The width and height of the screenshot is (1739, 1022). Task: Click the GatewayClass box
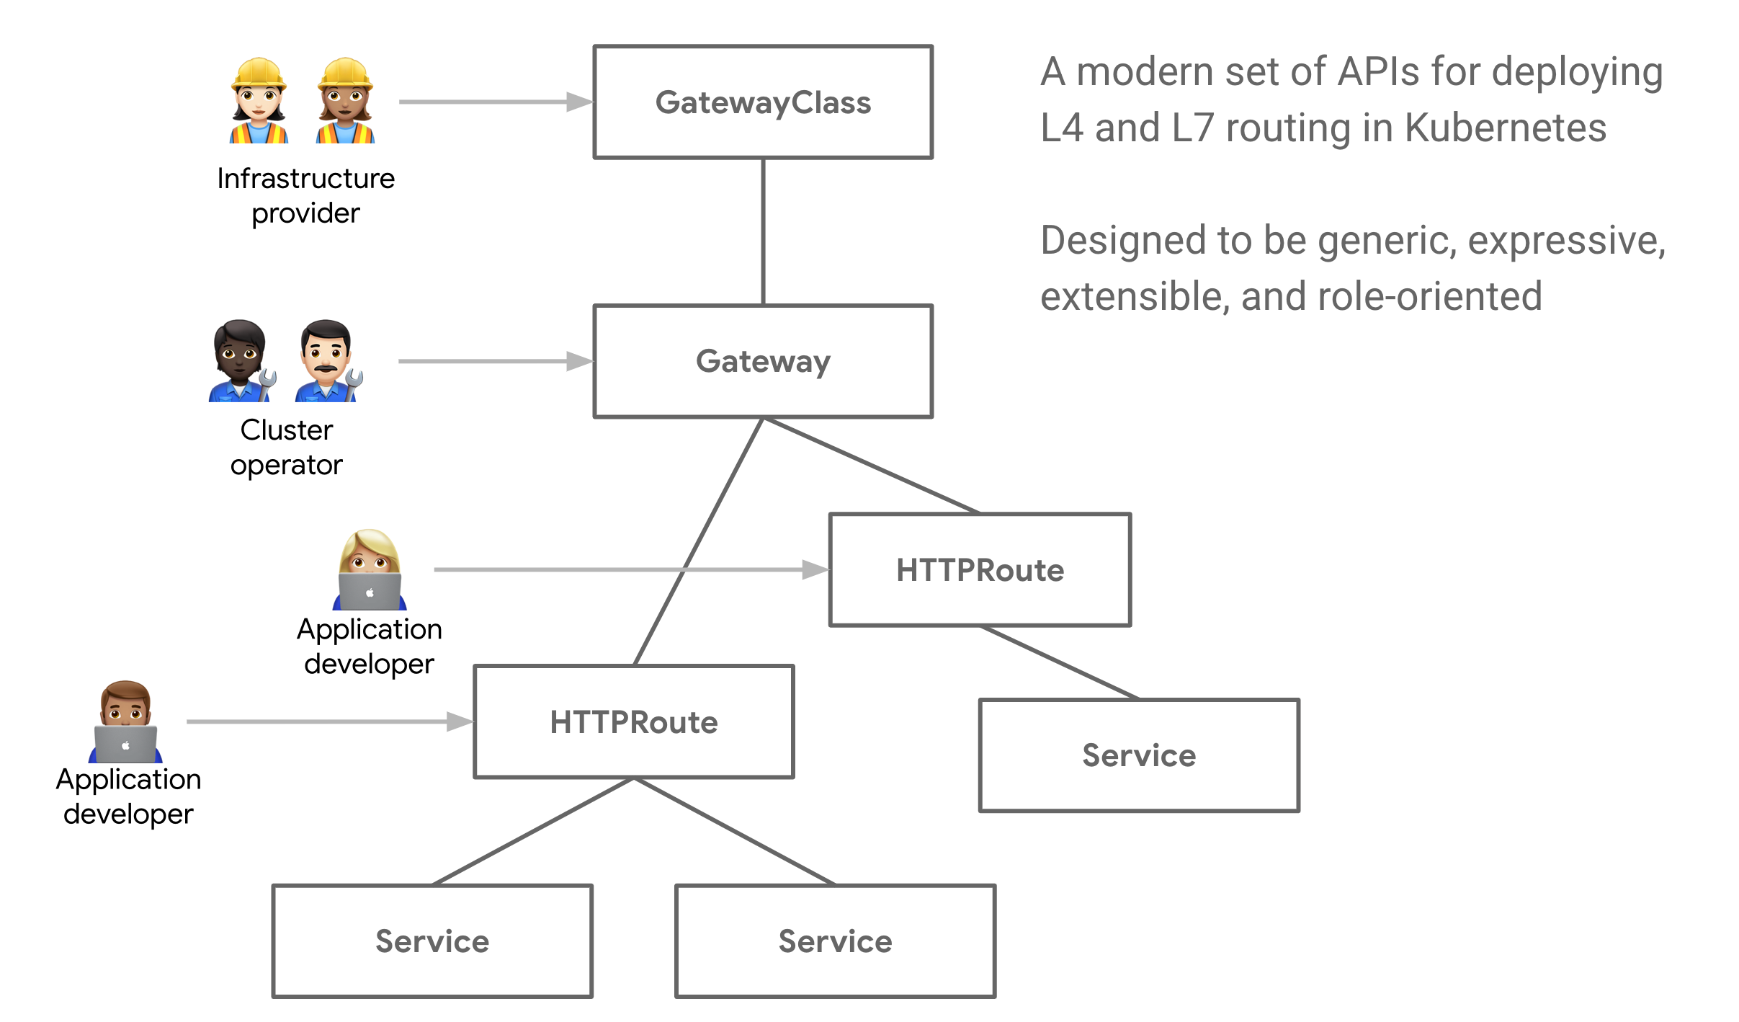762,102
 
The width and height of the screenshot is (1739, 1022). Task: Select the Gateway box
762,361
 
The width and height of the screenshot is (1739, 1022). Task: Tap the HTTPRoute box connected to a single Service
980,569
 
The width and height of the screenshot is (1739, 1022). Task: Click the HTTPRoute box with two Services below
633,721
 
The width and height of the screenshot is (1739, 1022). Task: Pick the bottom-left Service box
432,941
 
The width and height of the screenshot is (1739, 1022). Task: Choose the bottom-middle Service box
835,941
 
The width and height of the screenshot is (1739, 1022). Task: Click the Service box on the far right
1138,755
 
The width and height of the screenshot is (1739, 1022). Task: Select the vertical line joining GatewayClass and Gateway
763,231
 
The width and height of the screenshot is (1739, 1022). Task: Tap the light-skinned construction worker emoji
259,101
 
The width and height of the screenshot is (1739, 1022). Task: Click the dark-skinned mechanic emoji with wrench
241,361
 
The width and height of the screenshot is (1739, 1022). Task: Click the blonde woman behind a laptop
370,569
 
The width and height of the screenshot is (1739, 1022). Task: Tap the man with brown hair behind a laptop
125,721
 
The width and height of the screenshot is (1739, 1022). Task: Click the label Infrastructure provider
305,195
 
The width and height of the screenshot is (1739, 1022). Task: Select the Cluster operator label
286,447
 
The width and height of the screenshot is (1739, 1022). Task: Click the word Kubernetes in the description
1505,128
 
